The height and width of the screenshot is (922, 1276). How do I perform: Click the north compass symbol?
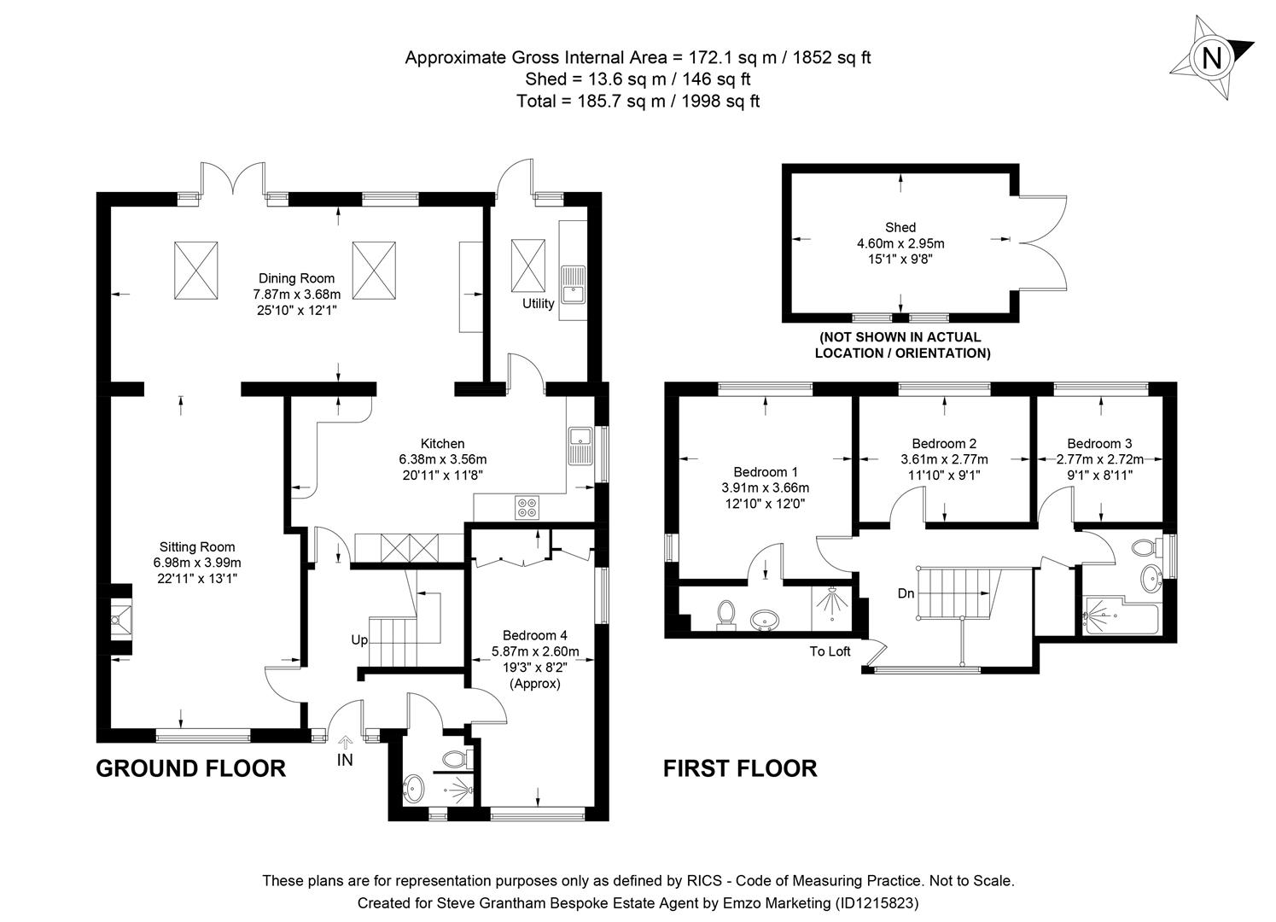[x=1210, y=57]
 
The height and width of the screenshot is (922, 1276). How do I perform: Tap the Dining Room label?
[x=296, y=278]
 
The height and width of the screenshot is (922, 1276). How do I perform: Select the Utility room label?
[x=538, y=303]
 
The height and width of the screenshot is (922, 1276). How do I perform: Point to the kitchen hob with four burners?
[x=527, y=508]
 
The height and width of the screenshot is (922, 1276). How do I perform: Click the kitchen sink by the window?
[x=581, y=444]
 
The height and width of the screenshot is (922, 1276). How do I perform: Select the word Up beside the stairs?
[x=359, y=639]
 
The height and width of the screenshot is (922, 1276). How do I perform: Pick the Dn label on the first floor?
[x=906, y=593]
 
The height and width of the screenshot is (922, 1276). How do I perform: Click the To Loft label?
[x=830, y=651]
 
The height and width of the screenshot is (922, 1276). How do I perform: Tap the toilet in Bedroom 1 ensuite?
[x=726, y=614]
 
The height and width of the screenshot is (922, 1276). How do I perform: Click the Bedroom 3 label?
[x=1099, y=443]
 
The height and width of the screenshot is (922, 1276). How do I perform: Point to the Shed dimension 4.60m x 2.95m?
[x=900, y=243]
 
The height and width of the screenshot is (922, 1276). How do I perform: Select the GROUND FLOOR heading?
[x=190, y=768]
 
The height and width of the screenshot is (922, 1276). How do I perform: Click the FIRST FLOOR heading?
[x=740, y=768]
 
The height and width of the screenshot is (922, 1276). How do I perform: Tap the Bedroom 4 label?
[x=534, y=635]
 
